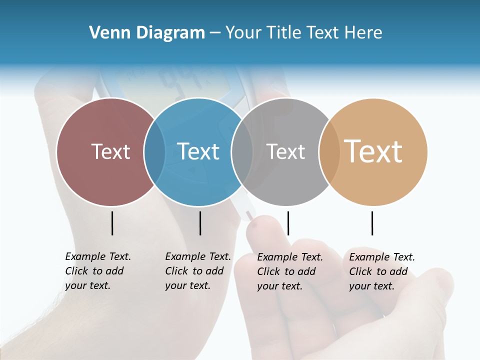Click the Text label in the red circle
110,151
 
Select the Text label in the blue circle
198,151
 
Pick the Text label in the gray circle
285,151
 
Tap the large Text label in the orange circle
373,151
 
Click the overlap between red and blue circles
154,151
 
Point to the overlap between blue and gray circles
242,151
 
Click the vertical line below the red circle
112,223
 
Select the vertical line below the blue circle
200,223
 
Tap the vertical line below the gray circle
288,223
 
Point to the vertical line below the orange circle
372,223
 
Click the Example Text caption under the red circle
97,271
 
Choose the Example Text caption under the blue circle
197,271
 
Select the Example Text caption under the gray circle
289,271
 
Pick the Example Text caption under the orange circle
381,271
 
